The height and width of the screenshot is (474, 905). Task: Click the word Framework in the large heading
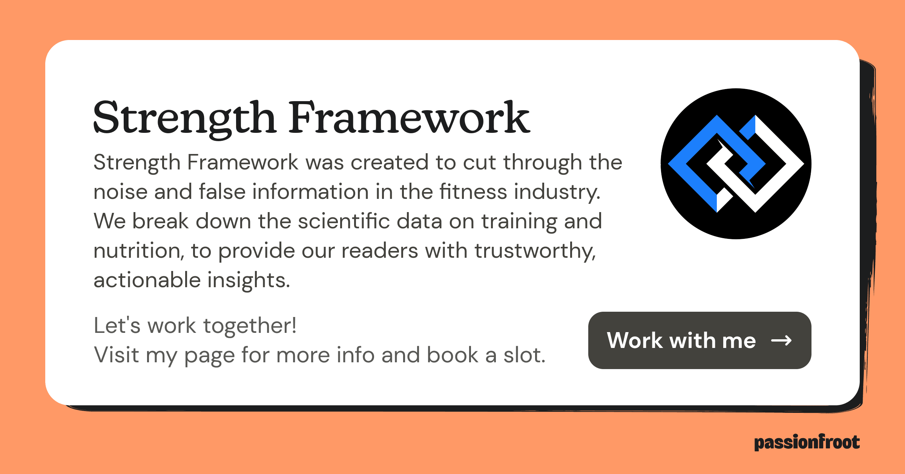click(x=409, y=118)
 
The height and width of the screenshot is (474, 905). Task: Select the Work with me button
click(x=699, y=340)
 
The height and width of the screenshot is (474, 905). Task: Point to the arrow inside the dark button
click(x=781, y=340)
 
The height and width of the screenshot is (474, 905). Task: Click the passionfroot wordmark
click(x=807, y=442)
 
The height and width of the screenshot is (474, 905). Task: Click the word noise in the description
click(x=120, y=191)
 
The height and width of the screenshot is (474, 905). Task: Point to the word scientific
click(x=344, y=221)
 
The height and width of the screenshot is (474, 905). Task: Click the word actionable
click(x=147, y=280)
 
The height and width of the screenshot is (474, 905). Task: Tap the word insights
click(x=248, y=280)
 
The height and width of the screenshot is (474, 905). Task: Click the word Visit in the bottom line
click(x=116, y=355)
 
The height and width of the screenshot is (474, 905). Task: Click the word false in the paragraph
click(x=222, y=191)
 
